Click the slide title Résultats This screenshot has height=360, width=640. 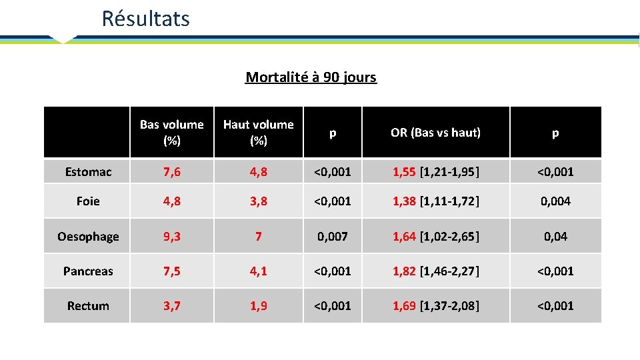pos(145,19)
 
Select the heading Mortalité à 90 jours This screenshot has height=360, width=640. pos(311,77)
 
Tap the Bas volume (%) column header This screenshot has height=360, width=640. pos(172,132)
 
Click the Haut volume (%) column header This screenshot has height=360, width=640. pos(258,132)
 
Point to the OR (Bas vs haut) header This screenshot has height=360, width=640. pos(435,133)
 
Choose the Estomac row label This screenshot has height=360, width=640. pos(88,172)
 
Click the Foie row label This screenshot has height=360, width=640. pos(88,201)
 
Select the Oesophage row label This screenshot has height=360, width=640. pos(88,237)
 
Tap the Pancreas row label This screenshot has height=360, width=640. pos(88,271)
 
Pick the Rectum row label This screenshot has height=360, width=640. pos(88,306)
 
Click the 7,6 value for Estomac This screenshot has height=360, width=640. pos(172,172)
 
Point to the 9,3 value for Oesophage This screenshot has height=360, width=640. pos(172,237)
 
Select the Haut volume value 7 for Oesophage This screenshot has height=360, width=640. pos(258,237)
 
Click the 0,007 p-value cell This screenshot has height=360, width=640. pos(332,237)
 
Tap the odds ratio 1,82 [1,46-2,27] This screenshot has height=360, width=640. pos(435,271)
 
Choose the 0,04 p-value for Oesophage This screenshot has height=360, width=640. pos(555,237)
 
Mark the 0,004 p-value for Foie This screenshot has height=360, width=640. pos(555,201)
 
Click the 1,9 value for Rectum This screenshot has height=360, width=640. pos(258,306)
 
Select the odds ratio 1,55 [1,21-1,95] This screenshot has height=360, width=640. pos(435,172)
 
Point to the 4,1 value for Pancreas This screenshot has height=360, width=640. pos(258,271)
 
